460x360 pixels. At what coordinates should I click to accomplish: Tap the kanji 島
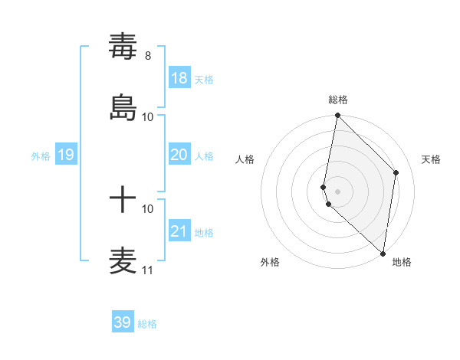123,106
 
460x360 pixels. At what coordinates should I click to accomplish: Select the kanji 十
123,201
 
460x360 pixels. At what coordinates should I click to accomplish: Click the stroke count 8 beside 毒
148,56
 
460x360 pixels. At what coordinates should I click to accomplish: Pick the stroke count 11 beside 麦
147,270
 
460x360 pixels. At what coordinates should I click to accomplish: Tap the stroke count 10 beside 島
148,116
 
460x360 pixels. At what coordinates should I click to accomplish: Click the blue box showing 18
179,78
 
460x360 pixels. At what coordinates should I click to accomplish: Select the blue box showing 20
179,155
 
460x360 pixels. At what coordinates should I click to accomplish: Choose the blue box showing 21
179,231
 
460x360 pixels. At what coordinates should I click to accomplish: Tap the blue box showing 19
66,155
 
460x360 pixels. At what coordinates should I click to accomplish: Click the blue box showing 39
123,322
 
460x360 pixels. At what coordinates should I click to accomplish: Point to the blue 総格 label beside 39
147,324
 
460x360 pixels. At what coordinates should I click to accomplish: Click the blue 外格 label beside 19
41,156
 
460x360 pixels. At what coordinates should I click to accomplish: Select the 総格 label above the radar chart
338,100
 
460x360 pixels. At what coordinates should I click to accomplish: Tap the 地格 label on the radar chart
402,263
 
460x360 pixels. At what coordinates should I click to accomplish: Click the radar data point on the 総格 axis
338,116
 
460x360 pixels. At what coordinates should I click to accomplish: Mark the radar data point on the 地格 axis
383,253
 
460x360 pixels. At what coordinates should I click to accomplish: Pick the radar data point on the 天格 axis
396,172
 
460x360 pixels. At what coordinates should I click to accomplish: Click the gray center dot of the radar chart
338,191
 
